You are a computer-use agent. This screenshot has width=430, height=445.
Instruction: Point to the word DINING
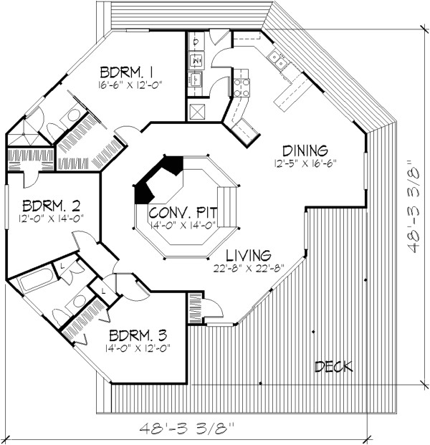305,150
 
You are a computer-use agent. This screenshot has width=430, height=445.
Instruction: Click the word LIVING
247,255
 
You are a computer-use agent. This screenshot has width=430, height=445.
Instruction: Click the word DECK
334,367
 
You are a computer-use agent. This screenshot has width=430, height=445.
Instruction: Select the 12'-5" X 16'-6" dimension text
305,163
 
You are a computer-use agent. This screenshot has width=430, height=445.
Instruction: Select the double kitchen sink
281,63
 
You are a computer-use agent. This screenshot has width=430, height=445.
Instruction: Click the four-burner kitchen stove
241,87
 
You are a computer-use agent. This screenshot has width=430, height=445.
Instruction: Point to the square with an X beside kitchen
196,111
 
